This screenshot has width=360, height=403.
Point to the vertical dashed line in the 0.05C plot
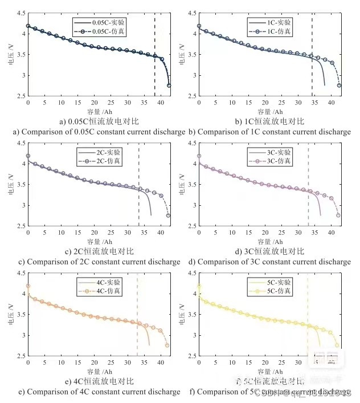[x=154, y=57]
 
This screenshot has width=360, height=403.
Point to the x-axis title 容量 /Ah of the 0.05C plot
[x=98, y=112]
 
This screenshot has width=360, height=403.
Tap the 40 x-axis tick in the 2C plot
[x=161, y=233]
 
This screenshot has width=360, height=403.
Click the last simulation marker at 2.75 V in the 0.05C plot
[x=169, y=86]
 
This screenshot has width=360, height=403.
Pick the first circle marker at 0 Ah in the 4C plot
[x=28, y=286]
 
